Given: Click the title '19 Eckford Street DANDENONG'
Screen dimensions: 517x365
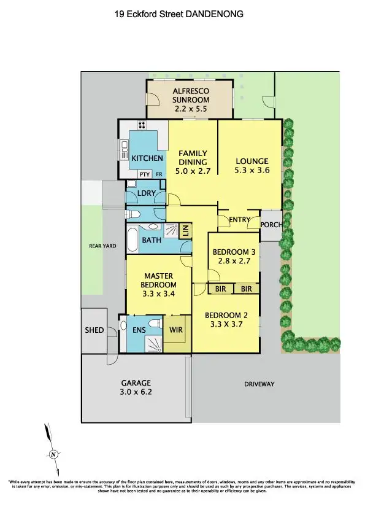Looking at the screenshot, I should tap(179, 12).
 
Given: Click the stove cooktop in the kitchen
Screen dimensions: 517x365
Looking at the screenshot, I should tap(142, 126).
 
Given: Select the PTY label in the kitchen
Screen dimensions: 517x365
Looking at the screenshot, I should tap(144, 174).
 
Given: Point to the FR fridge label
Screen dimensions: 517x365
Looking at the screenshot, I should tap(159, 174).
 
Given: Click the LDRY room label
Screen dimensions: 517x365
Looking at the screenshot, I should tap(146, 193).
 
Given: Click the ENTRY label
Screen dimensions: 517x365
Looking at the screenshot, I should tap(239, 220).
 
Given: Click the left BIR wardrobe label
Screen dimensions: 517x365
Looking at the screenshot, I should tap(218, 288).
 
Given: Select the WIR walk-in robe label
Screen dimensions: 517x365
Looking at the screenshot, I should tap(176, 329).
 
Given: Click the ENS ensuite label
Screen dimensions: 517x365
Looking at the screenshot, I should tap(140, 329).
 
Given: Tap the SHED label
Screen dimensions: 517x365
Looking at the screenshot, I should tap(94, 330).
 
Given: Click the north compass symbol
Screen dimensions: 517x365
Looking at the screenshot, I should tap(53, 454).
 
